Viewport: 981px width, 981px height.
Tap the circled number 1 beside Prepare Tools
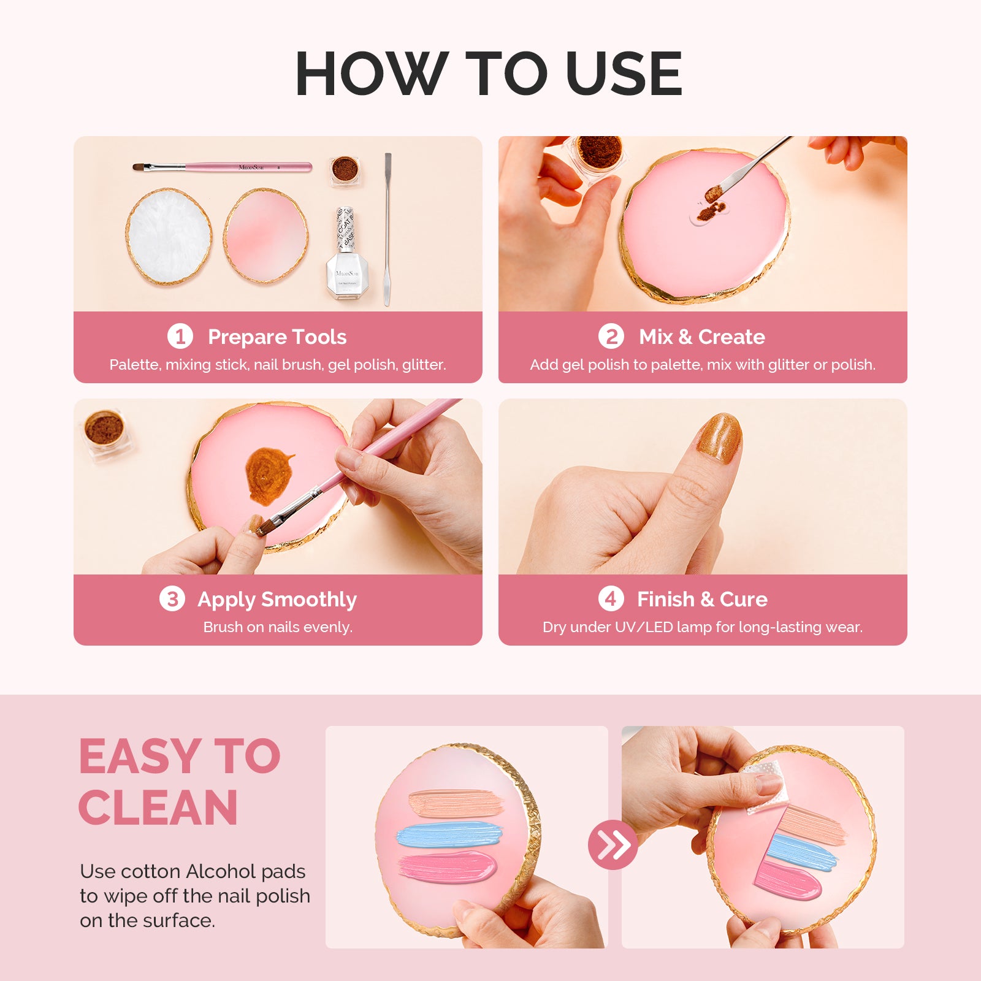tap(180, 336)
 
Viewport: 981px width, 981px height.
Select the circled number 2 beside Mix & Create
tap(611, 336)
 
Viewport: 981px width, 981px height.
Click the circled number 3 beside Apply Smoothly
tap(172, 598)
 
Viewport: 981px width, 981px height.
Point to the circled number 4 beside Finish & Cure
tap(611, 598)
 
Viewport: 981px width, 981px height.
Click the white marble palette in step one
tap(169, 236)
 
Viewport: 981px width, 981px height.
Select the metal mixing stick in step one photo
tap(387, 230)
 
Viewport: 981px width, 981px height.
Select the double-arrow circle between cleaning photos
tap(613, 845)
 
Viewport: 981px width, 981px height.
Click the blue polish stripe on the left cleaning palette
tap(449, 835)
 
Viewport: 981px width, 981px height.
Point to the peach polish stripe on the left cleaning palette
tap(454, 803)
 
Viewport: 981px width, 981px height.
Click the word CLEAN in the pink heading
tap(158, 808)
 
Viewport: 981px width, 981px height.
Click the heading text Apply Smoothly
tap(277, 599)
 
